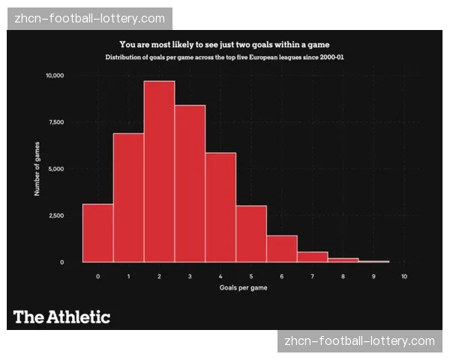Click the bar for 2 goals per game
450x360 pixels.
tap(159, 172)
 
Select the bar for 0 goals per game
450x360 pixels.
tap(97, 233)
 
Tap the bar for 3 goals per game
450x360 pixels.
tap(190, 184)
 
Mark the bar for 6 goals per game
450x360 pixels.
tap(282, 249)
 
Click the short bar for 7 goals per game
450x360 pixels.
tap(313, 257)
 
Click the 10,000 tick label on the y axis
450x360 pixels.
tap(55, 76)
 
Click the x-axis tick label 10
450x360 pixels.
tap(404, 277)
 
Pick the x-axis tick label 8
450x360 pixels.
tap(343, 277)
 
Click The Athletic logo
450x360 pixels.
tap(61, 316)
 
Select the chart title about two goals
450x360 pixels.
tap(224, 44)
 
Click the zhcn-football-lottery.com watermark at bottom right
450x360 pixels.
tap(360, 341)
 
